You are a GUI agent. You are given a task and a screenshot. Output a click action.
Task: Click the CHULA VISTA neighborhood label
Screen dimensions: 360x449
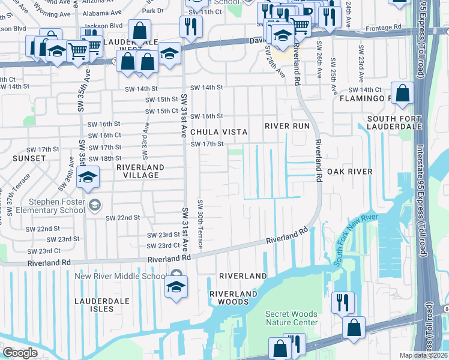pyautogui.click(x=217, y=131)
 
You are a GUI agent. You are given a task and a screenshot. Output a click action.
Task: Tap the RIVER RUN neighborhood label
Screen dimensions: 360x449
pyautogui.click(x=287, y=126)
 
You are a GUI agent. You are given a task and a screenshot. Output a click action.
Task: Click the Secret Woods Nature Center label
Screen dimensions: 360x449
pyautogui.click(x=292, y=318)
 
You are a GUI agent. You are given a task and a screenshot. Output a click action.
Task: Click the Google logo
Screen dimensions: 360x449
pyautogui.click(x=20, y=353)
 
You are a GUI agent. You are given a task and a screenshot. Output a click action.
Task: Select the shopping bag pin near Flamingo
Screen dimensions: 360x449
pyautogui.click(x=404, y=94)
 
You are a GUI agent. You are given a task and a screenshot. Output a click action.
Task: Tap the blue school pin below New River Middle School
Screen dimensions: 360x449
pyautogui.click(x=176, y=287)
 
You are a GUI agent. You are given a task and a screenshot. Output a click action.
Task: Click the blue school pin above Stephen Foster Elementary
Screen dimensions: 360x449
pyautogui.click(x=88, y=178)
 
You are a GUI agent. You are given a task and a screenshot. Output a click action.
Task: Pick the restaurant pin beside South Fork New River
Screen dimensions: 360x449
pyautogui.click(x=342, y=302)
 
